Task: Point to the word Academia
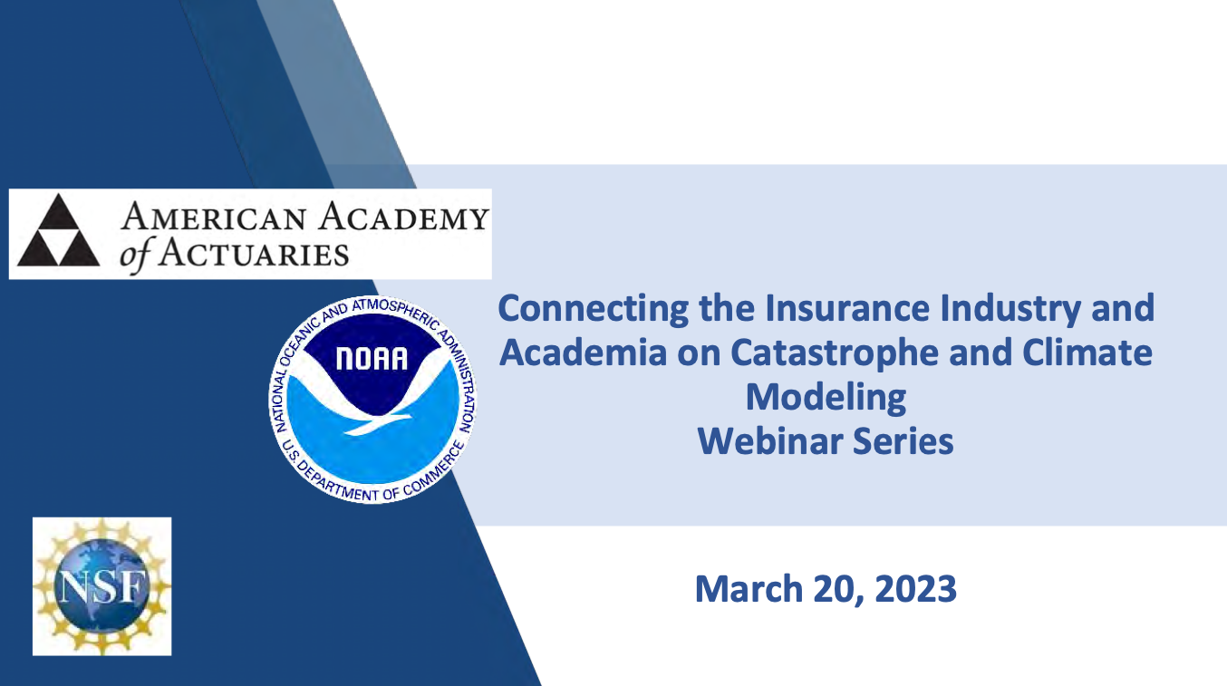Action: (x=583, y=352)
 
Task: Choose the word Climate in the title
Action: (x=1087, y=352)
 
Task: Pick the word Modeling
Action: (x=826, y=399)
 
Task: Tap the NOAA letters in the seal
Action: (x=372, y=359)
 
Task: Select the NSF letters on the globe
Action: (x=102, y=586)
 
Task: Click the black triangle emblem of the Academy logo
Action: (x=59, y=230)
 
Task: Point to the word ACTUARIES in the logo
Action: (x=253, y=254)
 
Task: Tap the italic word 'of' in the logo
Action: (x=134, y=256)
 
